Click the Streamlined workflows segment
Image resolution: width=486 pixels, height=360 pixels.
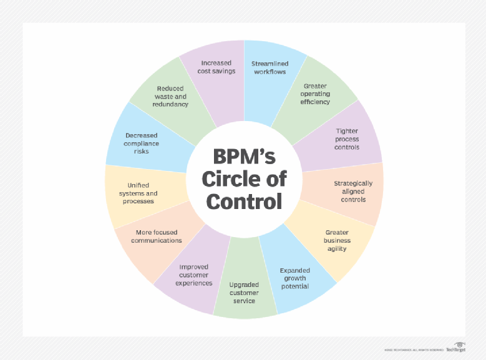pos(269,67)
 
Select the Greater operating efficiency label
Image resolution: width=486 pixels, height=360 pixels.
pos(316,94)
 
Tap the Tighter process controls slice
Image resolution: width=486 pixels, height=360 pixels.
pos(347,139)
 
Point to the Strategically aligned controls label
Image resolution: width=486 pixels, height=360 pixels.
pos(353,191)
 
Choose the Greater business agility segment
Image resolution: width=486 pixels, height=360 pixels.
pos(337,240)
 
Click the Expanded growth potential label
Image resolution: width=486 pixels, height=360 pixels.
pos(294,278)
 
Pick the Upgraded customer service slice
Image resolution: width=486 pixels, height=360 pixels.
pos(244,293)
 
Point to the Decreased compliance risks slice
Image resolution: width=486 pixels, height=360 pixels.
pos(142,143)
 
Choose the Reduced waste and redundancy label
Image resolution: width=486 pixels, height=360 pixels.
pos(170,96)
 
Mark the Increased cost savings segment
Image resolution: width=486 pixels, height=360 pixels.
pos(216,67)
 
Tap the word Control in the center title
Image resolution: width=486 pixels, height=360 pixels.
pos(244,201)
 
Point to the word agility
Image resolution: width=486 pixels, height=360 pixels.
pos(337,248)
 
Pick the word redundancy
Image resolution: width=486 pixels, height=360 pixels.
pos(170,104)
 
